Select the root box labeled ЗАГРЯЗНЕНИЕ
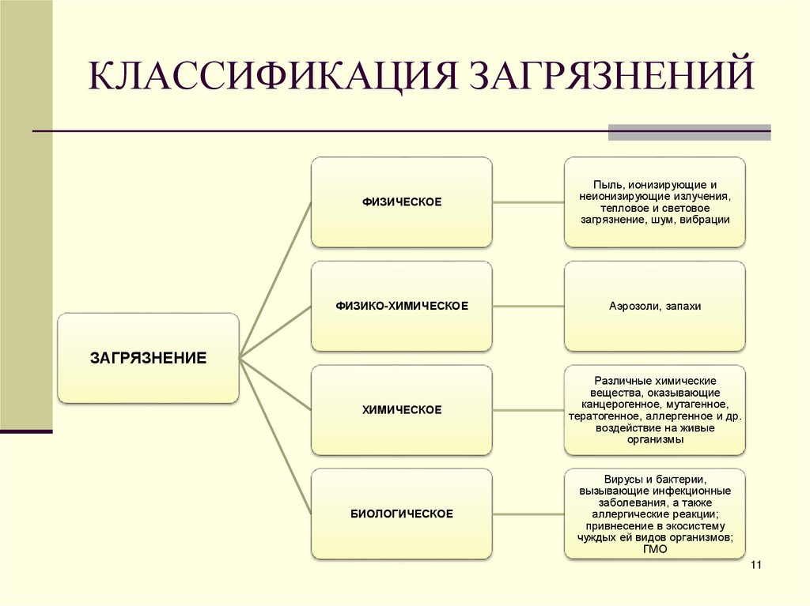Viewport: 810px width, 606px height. tap(148, 358)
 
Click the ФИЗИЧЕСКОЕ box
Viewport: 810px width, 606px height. tap(401, 202)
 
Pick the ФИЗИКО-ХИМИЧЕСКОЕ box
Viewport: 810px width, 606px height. tap(401, 306)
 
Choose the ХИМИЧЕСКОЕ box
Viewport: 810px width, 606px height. tap(401, 410)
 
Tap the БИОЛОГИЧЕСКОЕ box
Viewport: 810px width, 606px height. tap(401, 514)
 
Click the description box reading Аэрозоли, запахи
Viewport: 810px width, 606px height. tap(654, 306)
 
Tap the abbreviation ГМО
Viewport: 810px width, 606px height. tap(654, 549)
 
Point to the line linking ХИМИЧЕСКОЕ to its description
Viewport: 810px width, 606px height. tap(528, 410)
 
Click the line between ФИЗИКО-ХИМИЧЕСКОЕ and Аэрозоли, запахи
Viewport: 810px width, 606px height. tap(528, 306)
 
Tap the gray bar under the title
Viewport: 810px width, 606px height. tap(688, 132)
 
